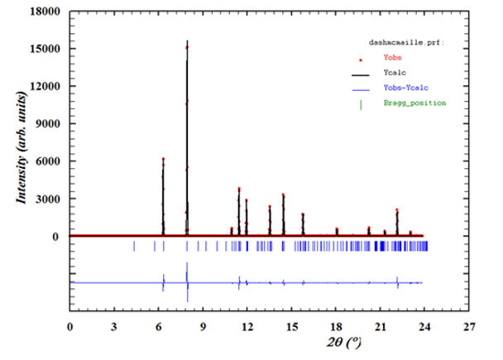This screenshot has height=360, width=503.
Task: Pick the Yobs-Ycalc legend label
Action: (405, 88)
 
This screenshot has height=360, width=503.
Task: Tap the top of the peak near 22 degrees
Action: (397, 210)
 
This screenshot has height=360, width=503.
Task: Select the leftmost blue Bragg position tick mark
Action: (134, 246)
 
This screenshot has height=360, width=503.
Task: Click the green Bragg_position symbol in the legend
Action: (361, 103)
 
